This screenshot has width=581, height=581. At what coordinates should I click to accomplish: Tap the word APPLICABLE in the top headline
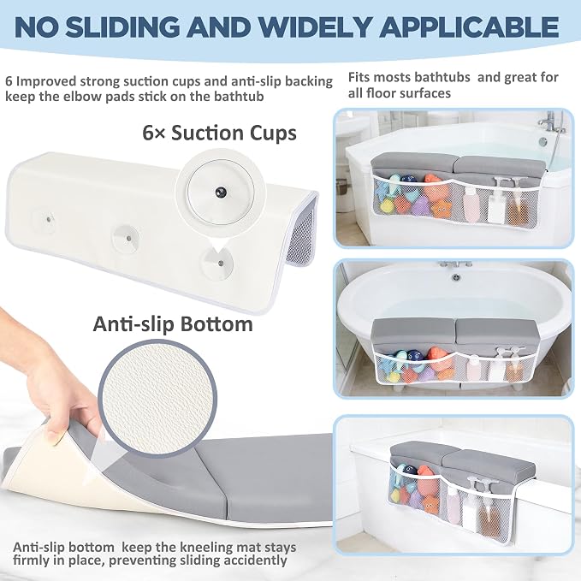[469, 27]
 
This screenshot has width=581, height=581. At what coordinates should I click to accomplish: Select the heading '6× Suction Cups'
[219, 133]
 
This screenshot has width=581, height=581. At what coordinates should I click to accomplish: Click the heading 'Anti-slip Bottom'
[173, 324]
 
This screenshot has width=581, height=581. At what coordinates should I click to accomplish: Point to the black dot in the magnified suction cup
[221, 192]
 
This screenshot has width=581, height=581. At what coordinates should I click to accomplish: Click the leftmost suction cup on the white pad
[48, 220]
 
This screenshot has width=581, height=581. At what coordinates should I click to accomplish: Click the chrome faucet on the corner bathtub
[551, 122]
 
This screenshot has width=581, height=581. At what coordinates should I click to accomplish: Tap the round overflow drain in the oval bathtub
[456, 276]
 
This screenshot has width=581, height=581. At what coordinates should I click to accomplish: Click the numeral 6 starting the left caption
[9, 80]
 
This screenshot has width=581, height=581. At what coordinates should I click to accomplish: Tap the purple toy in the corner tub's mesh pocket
[420, 207]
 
